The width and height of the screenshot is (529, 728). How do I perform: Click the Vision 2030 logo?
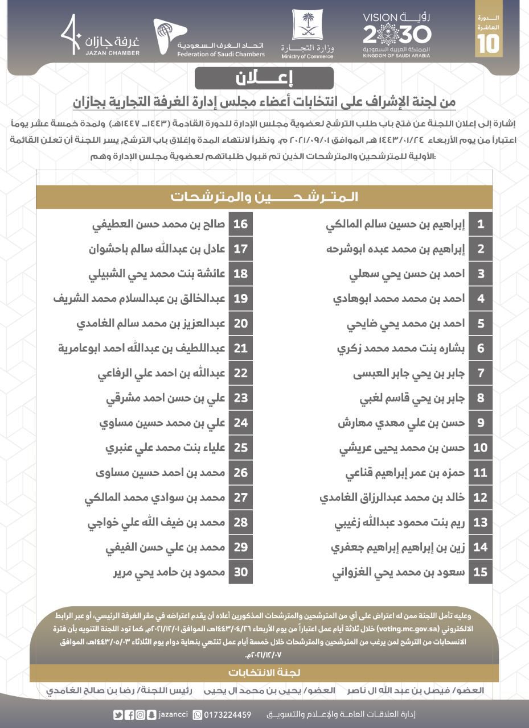pos(397,35)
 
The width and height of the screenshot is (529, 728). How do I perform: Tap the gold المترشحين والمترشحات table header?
pos(264,197)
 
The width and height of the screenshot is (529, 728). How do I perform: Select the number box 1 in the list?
pos(481,224)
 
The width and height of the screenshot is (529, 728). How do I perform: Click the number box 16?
pos(241,224)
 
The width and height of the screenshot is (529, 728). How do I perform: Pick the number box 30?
pos(241,572)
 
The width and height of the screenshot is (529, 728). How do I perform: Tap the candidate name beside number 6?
pos(401,348)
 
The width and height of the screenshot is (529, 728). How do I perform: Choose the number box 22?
pos(241,373)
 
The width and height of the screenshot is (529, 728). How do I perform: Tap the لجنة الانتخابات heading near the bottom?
pos(264,672)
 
